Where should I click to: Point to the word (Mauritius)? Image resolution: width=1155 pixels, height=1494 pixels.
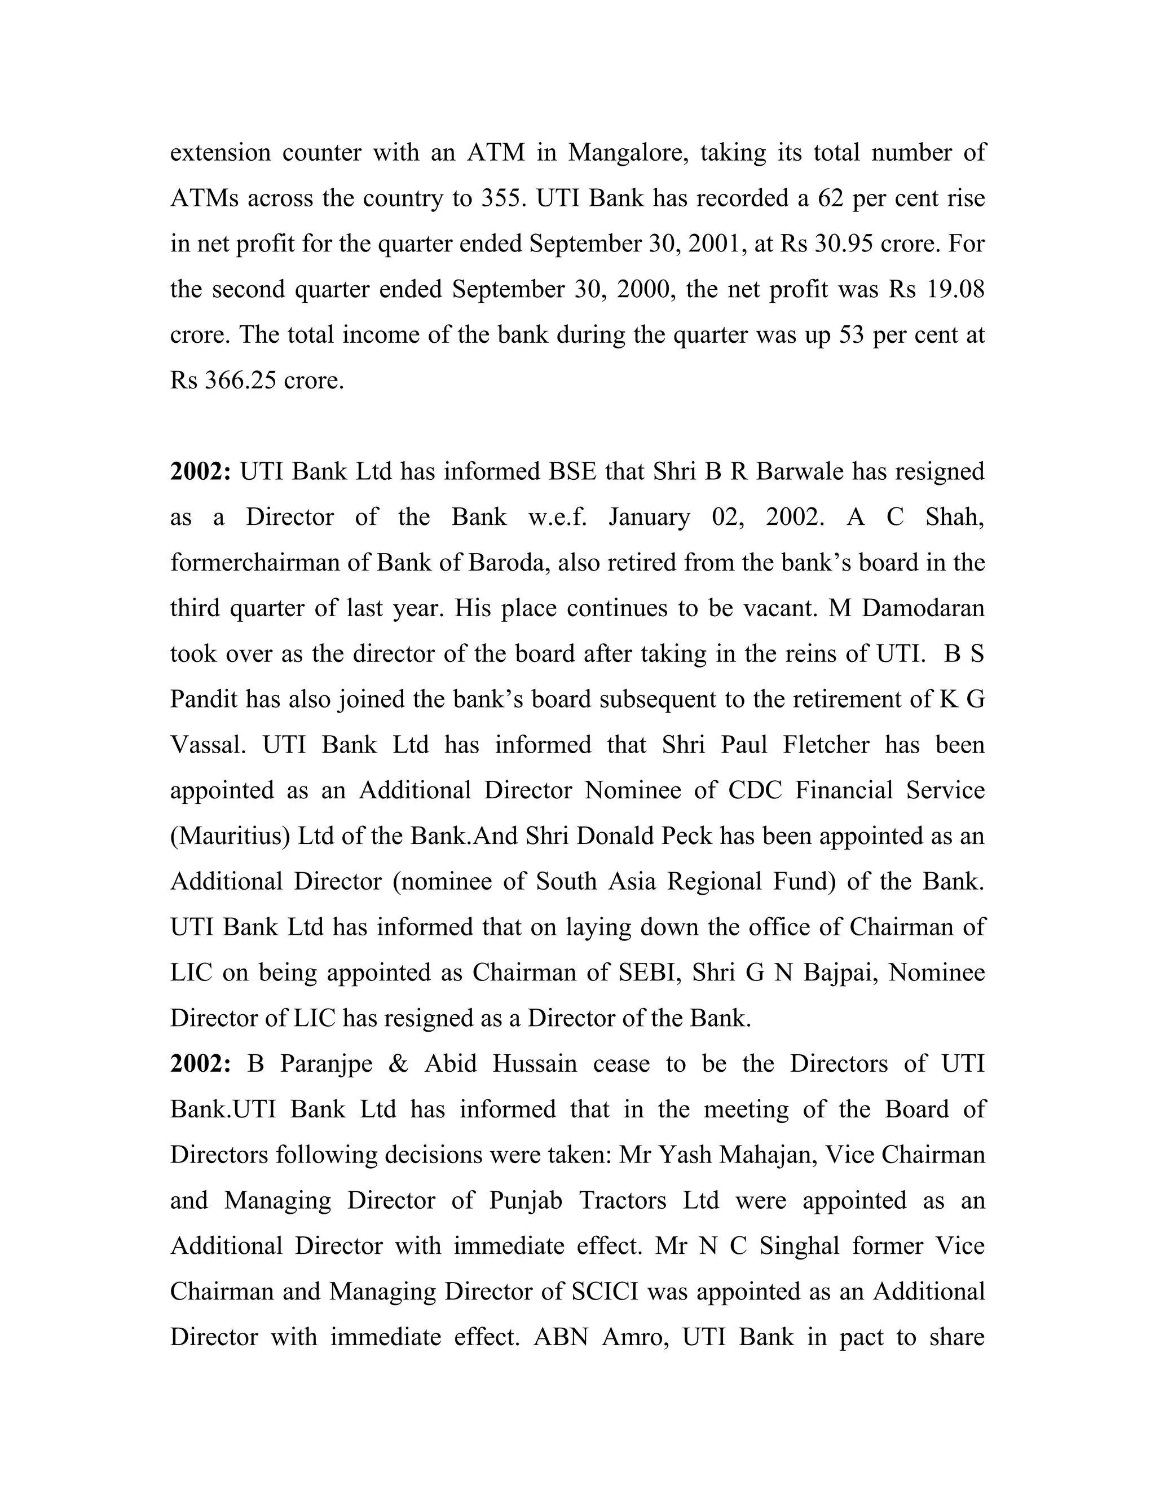[231, 837]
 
